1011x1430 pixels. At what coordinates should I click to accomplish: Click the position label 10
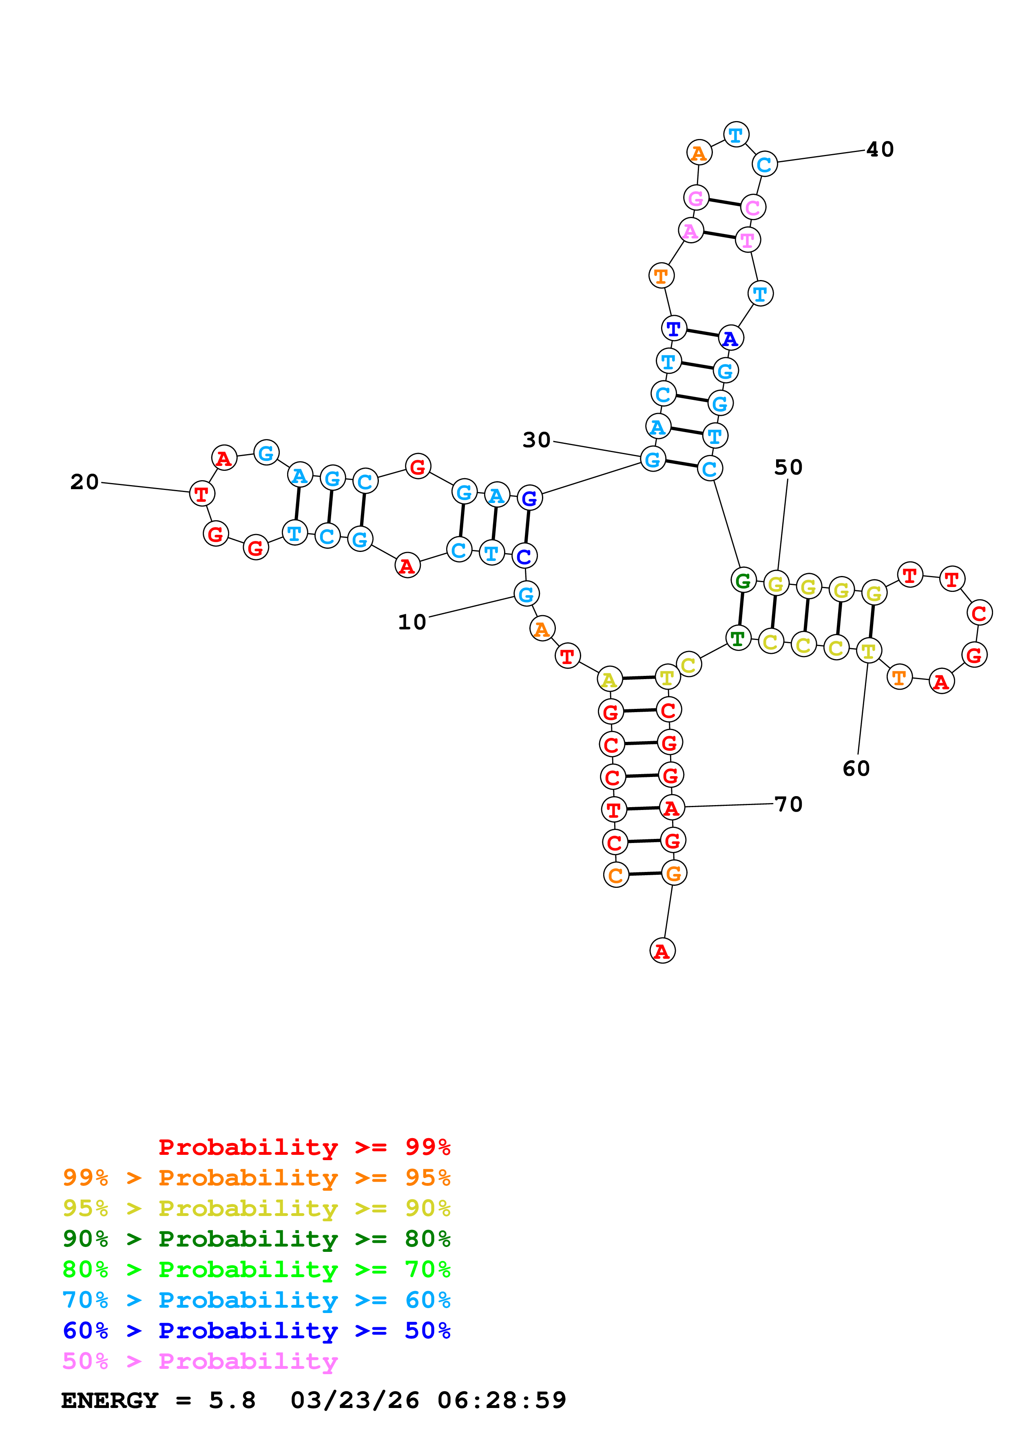click(412, 622)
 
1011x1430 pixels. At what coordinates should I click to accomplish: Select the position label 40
click(880, 150)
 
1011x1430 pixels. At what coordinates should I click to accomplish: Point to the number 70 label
click(788, 804)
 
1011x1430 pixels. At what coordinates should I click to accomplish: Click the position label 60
click(856, 768)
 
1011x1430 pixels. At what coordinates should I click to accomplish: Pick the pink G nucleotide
click(696, 198)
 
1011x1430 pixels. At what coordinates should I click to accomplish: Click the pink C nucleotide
click(752, 207)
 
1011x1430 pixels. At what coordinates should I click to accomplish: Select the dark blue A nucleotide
click(730, 338)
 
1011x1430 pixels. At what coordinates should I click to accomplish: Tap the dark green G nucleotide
click(743, 580)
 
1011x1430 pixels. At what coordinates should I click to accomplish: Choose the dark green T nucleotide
click(737, 638)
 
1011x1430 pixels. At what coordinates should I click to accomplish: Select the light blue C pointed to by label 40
click(764, 164)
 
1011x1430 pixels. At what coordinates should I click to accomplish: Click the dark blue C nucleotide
click(524, 556)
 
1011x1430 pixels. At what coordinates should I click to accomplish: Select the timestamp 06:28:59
click(502, 1400)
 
